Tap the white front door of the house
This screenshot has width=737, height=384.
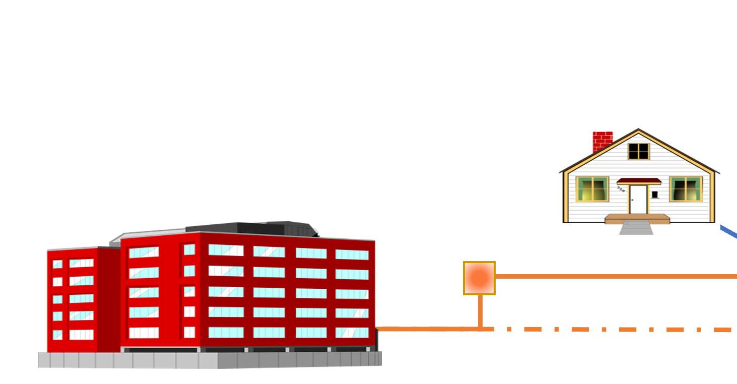(x=638, y=200)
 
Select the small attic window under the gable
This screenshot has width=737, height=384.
(x=639, y=151)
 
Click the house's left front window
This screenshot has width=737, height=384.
(x=592, y=189)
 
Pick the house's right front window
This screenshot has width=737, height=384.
(x=686, y=189)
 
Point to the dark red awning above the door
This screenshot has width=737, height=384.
(x=639, y=181)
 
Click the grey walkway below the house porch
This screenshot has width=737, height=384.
(x=636, y=229)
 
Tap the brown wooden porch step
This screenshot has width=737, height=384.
(x=637, y=219)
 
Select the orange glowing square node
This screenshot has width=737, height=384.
(x=479, y=278)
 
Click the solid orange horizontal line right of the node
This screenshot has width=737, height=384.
(x=615, y=276)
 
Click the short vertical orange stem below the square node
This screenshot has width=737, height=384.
(x=480, y=311)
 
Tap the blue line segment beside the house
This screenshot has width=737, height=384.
(x=729, y=232)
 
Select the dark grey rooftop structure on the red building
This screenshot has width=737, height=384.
(x=252, y=228)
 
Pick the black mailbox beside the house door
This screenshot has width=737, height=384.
(x=655, y=195)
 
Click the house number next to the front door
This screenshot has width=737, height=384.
(x=621, y=190)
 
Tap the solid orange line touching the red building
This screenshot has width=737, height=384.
(x=428, y=329)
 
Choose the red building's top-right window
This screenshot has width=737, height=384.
(x=352, y=254)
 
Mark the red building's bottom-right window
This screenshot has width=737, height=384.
(x=352, y=333)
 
